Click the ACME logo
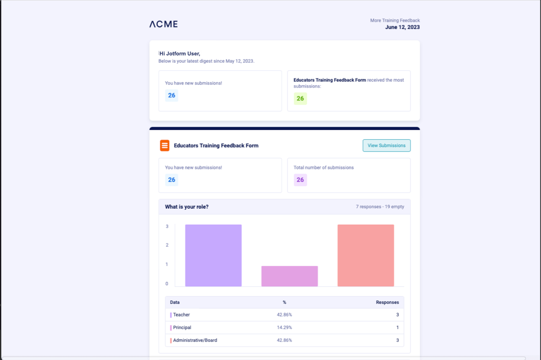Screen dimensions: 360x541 [164, 24]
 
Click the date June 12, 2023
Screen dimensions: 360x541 [402, 27]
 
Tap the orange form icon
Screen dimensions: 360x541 [164, 146]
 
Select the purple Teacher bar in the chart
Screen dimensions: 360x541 [213, 256]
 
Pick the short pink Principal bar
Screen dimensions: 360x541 [290, 276]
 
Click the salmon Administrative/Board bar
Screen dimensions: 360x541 [366, 256]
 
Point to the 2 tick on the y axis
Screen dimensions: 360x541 [167, 245]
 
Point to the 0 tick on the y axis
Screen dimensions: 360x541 [167, 284]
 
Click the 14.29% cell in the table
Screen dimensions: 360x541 [284, 328]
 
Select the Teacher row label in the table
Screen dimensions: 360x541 [181, 315]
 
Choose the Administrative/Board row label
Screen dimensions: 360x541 [195, 341]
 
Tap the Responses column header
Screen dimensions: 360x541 [387, 302]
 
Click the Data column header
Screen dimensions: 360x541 [175, 302]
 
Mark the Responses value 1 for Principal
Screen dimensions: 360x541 [397, 328]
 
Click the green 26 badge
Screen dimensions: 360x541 [300, 99]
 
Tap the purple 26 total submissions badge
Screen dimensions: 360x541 [300, 180]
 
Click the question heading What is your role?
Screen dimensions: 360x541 [186, 207]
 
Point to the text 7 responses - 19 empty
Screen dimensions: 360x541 [380, 207]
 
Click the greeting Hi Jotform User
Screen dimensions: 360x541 [180, 54]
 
